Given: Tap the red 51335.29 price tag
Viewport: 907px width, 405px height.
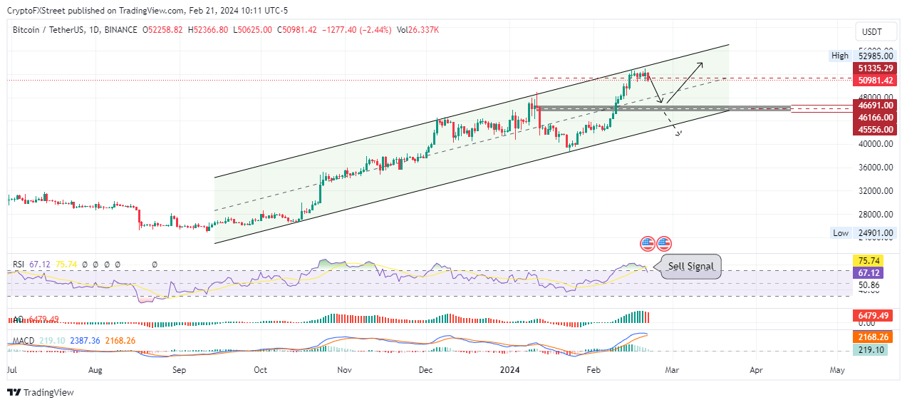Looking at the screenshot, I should [875, 68].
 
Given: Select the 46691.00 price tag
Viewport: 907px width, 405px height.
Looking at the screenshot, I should [875, 105].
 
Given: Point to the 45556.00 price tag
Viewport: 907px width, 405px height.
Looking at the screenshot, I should [875, 129].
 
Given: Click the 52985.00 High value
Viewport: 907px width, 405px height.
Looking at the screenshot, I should [875, 56].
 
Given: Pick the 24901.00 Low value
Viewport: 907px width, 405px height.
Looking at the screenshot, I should [875, 233].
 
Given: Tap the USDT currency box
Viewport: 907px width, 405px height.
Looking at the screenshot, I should [871, 32].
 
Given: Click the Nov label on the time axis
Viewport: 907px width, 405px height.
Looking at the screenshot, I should [344, 370].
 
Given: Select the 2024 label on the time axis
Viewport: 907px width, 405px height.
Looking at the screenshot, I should [509, 370].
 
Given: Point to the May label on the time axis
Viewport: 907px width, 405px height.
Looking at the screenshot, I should [838, 370].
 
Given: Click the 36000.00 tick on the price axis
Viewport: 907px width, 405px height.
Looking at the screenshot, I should [875, 168].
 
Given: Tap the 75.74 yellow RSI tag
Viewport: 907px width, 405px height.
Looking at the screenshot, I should [870, 261].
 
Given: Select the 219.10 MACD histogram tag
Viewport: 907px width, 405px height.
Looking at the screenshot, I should [870, 350].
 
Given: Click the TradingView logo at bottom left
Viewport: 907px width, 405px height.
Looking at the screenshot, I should [41, 392].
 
